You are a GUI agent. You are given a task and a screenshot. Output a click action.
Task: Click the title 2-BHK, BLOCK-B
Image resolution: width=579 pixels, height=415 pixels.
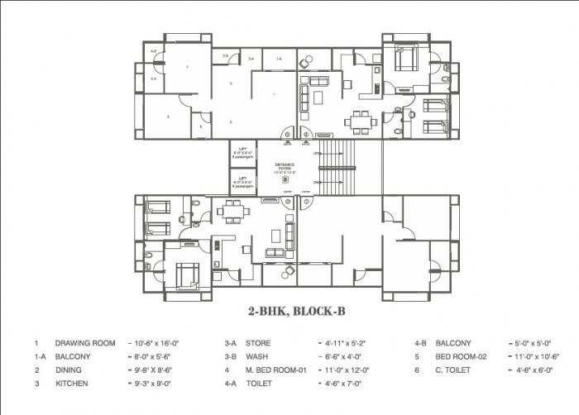288,312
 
